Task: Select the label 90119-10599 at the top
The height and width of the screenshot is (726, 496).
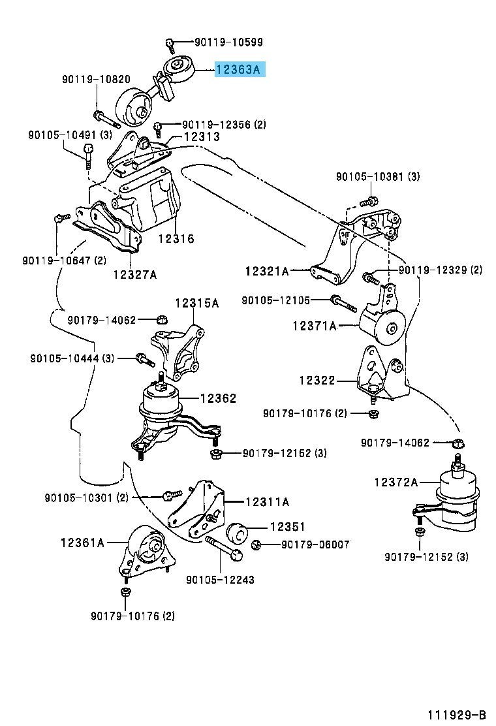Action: tap(228, 42)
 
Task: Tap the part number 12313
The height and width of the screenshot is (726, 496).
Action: tap(202, 136)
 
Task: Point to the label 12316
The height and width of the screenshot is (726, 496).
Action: tap(176, 238)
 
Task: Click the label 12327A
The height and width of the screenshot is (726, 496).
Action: tap(135, 274)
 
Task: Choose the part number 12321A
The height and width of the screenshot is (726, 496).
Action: tap(267, 270)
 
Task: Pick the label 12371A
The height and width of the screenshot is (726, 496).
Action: tap(314, 326)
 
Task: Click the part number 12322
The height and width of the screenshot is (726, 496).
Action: tap(317, 381)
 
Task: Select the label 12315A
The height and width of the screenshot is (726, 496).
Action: tap(196, 304)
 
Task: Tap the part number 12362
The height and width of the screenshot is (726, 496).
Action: tap(219, 398)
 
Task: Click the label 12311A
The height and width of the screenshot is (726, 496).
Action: tap(267, 501)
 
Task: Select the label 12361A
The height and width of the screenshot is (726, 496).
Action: tap(82, 542)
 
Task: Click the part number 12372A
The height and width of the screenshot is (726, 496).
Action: tap(396, 482)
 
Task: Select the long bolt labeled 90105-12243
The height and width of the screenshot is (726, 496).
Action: tap(223, 547)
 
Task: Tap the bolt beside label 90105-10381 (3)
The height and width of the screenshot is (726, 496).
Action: tap(368, 202)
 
